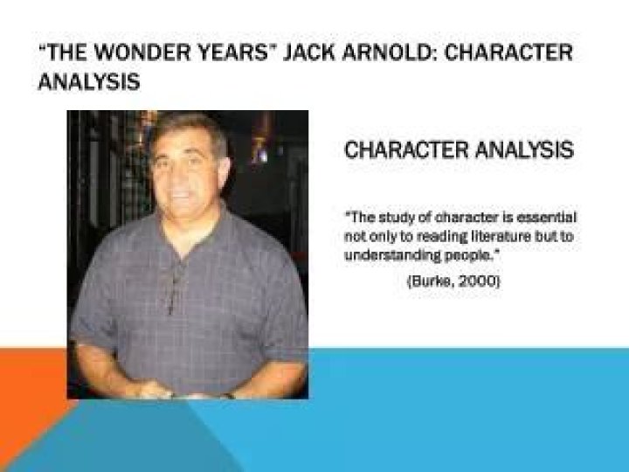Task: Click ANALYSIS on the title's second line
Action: tap(88, 82)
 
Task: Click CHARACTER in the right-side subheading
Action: tap(403, 149)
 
